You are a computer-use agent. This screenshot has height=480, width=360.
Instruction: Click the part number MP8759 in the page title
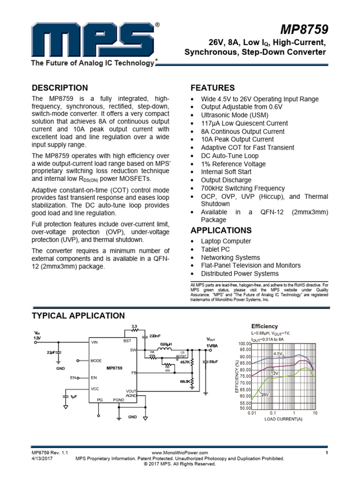tap(304, 30)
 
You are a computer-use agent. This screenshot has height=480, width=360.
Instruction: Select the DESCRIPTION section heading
tap(60, 88)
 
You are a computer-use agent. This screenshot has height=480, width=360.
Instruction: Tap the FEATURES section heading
tap(212, 88)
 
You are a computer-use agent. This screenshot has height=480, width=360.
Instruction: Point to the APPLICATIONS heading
tap(221, 230)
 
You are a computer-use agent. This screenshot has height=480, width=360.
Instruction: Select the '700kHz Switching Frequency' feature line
tap(243, 188)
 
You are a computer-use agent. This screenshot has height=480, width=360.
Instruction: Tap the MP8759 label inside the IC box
tap(114, 368)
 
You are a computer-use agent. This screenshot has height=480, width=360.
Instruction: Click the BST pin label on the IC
tap(127, 341)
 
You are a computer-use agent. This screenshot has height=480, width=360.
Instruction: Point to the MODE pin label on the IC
tap(96, 361)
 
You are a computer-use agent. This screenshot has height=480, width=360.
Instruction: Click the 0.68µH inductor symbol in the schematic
tap(165, 349)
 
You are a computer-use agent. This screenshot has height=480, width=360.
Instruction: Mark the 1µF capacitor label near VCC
tap(73, 397)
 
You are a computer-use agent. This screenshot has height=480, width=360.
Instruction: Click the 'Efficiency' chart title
tap(264, 326)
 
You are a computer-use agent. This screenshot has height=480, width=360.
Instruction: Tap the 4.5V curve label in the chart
tap(278, 353)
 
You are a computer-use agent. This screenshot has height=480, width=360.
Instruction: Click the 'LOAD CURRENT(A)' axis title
tap(283, 419)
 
